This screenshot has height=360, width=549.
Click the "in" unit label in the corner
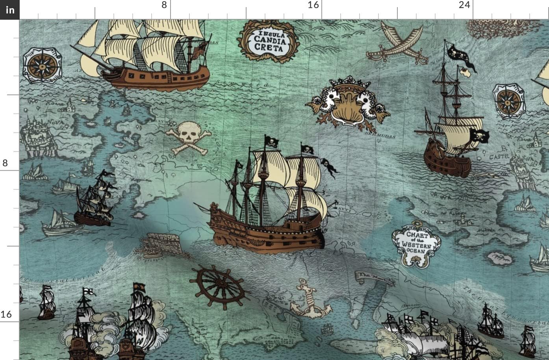coord(10,10)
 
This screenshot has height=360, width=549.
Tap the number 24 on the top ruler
coord(465,5)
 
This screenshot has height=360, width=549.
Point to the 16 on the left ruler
coord(6,314)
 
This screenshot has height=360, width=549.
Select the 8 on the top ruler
coord(164,5)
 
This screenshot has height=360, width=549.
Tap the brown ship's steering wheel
coord(217,286)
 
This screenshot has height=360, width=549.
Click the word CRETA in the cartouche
coord(268,48)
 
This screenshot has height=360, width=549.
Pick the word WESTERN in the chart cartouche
coord(416,245)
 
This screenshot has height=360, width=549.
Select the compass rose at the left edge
coord(41,65)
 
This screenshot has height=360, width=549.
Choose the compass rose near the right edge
coord(508,100)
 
